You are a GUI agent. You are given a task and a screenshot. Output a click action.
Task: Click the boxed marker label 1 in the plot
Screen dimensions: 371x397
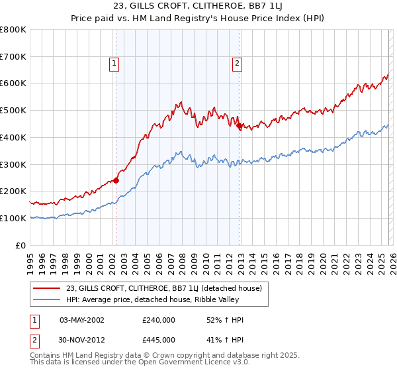point(115,64)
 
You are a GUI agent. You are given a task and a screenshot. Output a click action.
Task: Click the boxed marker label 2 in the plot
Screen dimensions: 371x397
point(237,64)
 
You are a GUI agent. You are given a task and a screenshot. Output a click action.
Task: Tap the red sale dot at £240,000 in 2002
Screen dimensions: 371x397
point(116,180)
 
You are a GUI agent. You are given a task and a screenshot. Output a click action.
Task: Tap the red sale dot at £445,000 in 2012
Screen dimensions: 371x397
point(240,125)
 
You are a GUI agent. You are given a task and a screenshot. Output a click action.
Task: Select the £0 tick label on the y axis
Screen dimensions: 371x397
point(21,245)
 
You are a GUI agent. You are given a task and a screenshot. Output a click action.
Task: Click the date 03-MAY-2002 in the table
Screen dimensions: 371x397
point(81,320)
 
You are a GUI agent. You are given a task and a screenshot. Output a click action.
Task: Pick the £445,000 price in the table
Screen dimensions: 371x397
point(158,340)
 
